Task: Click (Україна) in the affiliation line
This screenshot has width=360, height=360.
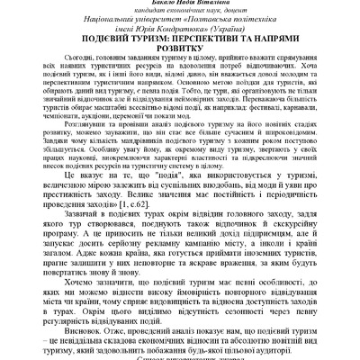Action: pos(258,38)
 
